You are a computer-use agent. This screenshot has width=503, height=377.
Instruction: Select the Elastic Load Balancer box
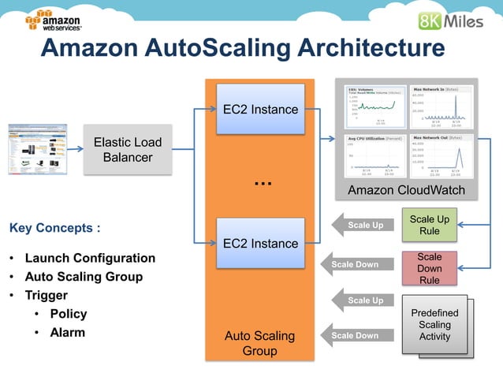click(x=127, y=150)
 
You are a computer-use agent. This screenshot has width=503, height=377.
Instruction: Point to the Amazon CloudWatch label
click(x=406, y=191)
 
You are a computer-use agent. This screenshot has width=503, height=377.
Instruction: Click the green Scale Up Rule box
click(x=429, y=225)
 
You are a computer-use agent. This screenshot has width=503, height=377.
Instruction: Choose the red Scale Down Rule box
click(x=429, y=268)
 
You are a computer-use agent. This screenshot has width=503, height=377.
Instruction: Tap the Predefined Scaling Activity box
click(x=434, y=325)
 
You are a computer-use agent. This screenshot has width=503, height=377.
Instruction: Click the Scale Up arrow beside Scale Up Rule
click(x=363, y=226)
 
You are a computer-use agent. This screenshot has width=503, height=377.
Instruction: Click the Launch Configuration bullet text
click(x=90, y=258)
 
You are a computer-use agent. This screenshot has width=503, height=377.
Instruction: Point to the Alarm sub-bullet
click(x=68, y=332)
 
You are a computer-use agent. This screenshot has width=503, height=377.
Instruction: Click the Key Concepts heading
click(x=54, y=229)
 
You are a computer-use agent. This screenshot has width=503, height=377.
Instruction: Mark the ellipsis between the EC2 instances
click(x=263, y=182)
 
